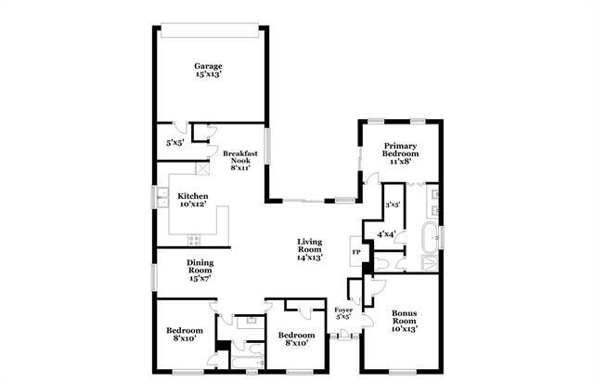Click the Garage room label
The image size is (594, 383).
208,66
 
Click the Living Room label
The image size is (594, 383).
309,246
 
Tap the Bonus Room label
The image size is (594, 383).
405,317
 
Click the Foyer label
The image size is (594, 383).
342,310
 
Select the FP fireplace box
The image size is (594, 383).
355,252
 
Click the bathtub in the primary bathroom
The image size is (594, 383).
432,233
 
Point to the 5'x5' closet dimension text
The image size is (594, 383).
174,144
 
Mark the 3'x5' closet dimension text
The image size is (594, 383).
393,203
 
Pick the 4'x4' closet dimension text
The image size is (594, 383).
386,233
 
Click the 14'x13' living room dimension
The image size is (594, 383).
309,258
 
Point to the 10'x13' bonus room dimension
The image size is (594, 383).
405,328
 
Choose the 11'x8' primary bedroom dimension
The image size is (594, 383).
401,161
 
